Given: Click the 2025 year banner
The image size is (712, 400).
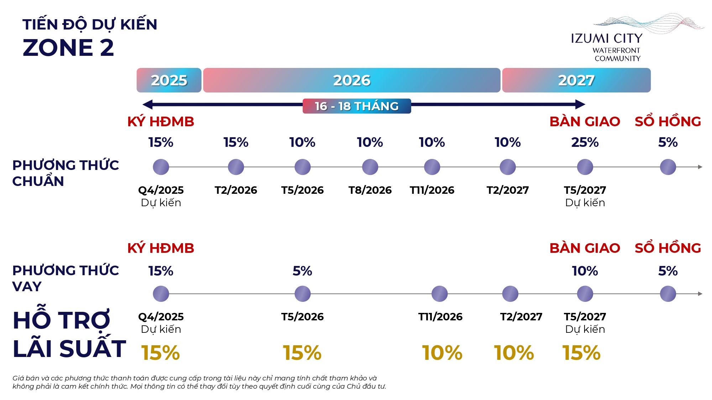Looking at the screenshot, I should click(x=169, y=80).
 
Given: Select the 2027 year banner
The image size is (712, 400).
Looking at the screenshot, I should click(x=576, y=80).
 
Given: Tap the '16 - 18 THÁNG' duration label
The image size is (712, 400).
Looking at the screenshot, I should click(x=357, y=106).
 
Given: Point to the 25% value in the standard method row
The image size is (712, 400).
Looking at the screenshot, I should click(x=585, y=142).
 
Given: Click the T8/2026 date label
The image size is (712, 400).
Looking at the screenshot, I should click(x=370, y=190).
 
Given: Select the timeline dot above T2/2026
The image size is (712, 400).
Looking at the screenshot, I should click(x=236, y=167).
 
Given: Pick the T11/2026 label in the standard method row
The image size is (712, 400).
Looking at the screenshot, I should click(x=432, y=190).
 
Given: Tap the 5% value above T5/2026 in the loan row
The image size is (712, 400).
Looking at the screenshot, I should click(x=302, y=271).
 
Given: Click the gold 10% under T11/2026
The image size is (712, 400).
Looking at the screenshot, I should click(x=442, y=353).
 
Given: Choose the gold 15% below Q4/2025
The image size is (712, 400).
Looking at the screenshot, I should click(x=161, y=353).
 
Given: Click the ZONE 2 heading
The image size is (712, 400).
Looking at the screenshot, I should click(x=68, y=48).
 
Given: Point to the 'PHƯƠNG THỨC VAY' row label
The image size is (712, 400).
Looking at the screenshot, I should click(x=66, y=278).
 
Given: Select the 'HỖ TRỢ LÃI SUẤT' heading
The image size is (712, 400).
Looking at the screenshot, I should click(x=69, y=334).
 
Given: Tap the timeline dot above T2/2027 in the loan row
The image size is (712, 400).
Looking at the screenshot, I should click(x=510, y=294).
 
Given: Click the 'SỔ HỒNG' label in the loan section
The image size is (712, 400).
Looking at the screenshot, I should click(x=667, y=248).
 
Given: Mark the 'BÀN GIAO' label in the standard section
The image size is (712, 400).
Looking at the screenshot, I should click(x=585, y=122).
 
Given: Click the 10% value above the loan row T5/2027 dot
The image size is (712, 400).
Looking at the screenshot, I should click(x=585, y=271).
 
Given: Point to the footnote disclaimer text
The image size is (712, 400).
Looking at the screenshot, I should click(x=199, y=382).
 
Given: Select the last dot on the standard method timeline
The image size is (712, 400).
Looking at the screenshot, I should click(x=667, y=167).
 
